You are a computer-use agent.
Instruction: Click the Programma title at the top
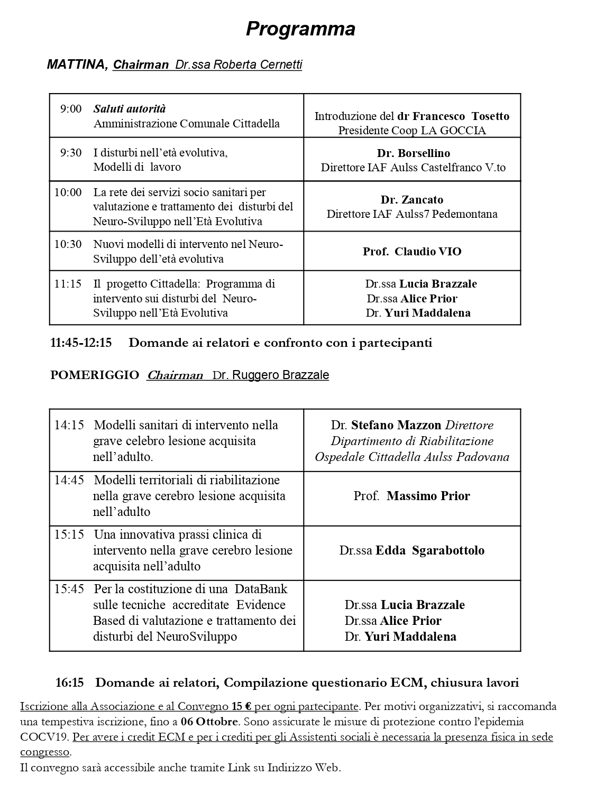coord(300,29)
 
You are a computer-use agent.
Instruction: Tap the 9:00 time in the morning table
coord(71,109)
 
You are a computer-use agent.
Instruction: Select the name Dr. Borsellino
coord(413,153)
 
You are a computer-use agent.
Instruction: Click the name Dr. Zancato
coord(411,200)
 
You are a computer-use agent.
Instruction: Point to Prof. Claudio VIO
coord(411,252)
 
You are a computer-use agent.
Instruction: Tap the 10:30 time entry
coord(68,244)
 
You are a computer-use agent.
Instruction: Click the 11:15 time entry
coord(68,284)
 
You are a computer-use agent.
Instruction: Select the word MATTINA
coord(77,64)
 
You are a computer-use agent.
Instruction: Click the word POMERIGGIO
coord(95,375)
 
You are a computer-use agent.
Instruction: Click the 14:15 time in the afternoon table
coord(69,425)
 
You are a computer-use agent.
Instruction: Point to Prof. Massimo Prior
coord(411,496)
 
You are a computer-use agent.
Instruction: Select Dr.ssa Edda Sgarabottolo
coord(411,550)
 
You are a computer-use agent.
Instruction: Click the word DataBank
coord(261,589)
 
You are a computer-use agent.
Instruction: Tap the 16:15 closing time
coord(70,683)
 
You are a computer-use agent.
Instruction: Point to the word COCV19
coord(44,737)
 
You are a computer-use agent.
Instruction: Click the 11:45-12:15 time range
coord(81,343)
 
